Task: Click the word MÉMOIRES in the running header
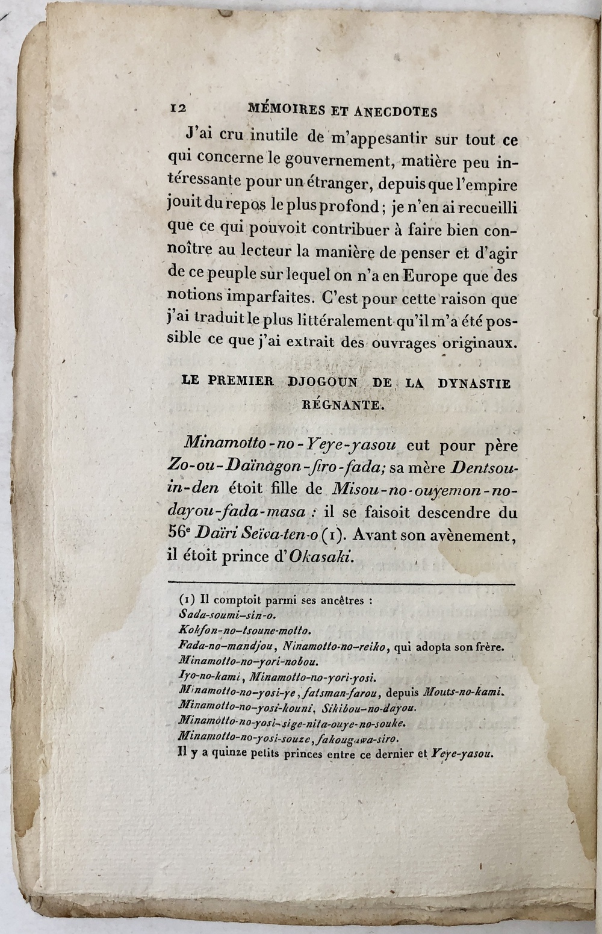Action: [285, 110]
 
